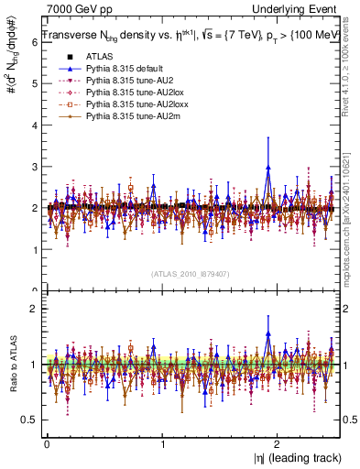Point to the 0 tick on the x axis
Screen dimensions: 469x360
(46, 443)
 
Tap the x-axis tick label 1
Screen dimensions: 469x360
(163, 443)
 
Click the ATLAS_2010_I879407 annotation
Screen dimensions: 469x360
(191, 273)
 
